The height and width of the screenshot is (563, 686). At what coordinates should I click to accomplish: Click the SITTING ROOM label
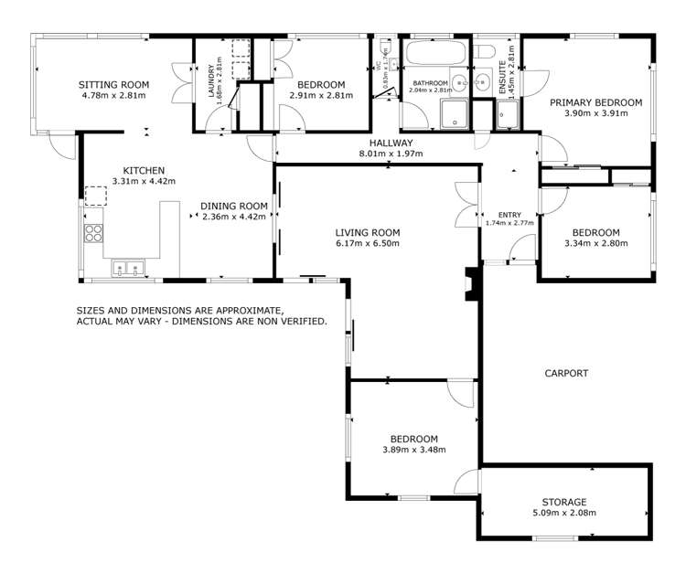point(114,84)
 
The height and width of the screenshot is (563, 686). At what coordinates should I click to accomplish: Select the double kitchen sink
point(126,268)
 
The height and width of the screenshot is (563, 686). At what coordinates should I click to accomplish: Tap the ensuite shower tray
point(508,115)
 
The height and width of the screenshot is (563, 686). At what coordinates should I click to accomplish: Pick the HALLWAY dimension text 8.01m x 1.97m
point(391,154)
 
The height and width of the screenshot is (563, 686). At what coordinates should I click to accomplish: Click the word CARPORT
point(566,373)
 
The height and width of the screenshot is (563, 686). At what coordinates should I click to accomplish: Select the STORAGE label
point(563,502)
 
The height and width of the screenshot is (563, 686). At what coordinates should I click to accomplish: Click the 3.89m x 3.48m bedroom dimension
point(411,450)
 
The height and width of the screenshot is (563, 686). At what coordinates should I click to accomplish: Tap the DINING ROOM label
point(234,206)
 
